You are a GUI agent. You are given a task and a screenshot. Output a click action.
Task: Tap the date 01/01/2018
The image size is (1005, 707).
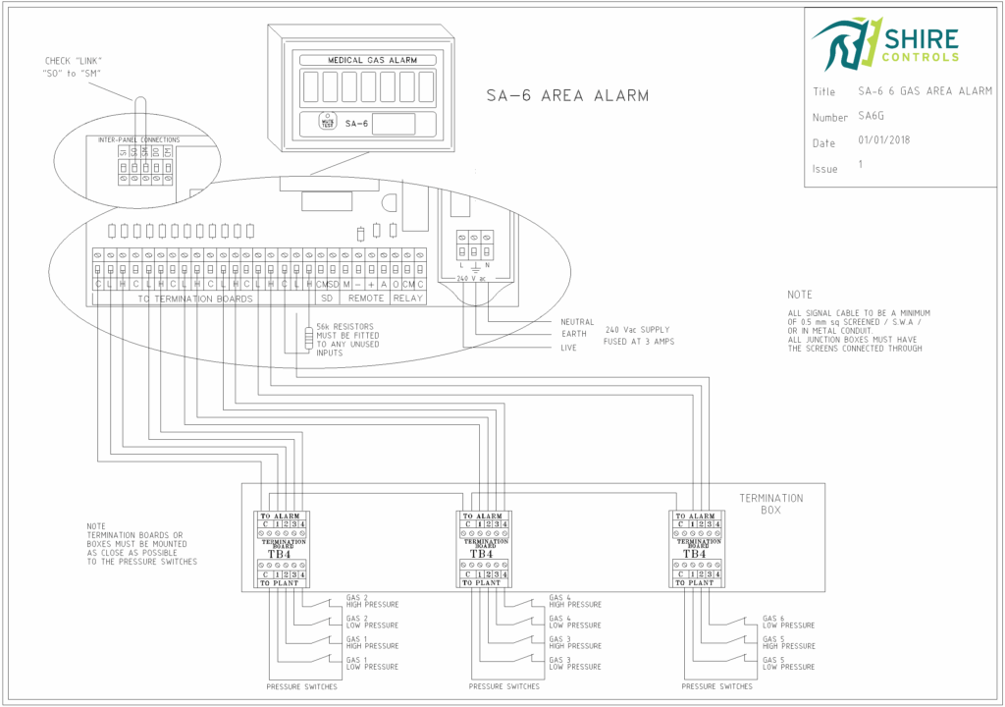point(884,140)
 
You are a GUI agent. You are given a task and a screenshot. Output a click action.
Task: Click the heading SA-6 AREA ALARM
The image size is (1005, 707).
point(567,95)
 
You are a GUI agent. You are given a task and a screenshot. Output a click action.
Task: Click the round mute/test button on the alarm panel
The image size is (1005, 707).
point(326,123)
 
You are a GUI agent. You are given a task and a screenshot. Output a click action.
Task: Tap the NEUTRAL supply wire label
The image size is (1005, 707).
point(577,322)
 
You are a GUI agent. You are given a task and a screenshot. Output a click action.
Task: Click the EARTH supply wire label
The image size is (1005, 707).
point(573,335)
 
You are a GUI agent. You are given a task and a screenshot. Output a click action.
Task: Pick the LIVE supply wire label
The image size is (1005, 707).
point(570,348)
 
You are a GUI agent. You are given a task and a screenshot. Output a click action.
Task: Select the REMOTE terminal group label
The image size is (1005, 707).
point(366,298)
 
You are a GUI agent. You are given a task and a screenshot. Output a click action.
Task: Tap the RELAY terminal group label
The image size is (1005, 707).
point(408,298)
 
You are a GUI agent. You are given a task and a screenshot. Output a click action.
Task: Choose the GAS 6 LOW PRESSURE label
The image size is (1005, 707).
point(789,622)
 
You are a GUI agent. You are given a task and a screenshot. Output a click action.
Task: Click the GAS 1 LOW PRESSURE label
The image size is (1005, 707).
point(372,663)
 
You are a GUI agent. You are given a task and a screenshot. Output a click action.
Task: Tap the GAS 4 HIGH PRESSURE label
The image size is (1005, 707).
point(575,601)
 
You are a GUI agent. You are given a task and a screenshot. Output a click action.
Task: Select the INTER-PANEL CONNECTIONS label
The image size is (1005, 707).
point(138,140)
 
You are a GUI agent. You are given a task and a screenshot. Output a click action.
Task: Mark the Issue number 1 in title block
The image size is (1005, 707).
point(861,165)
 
